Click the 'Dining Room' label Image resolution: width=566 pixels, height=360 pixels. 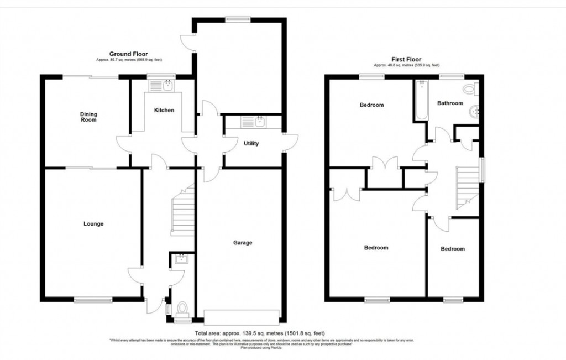pyautogui.click(x=89, y=116)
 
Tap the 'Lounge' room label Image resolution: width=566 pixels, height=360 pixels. pyautogui.click(x=93, y=224)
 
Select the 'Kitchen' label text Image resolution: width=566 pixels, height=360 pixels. pyautogui.click(x=164, y=111)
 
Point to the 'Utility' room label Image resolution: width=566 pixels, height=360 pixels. pyautogui.click(x=251, y=144)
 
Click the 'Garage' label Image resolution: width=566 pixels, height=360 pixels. pyautogui.click(x=242, y=243)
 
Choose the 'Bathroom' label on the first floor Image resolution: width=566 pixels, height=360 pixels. pyautogui.click(x=450, y=103)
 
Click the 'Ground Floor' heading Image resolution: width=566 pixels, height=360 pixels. pyautogui.click(x=128, y=54)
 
